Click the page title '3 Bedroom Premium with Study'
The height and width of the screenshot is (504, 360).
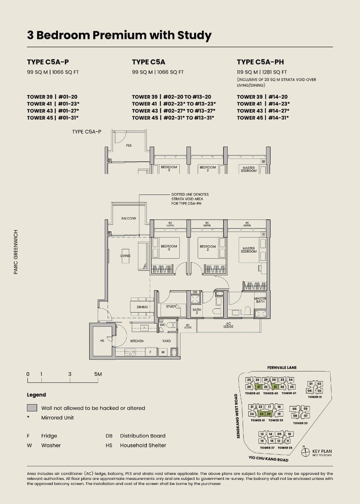[119, 35]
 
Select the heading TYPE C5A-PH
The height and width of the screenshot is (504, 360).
[260, 62]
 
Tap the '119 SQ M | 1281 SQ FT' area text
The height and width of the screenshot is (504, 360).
[262, 72]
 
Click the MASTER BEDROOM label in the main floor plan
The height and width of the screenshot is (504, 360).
[249, 250]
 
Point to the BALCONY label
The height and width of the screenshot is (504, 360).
[129, 218]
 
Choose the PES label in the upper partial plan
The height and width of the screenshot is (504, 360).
[129, 146]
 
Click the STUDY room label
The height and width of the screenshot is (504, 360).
[171, 306]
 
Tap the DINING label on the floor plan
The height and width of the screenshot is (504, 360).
[142, 307]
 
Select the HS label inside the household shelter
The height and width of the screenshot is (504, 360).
[102, 341]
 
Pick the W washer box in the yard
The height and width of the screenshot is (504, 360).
[163, 352]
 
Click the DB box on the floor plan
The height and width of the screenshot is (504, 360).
[195, 292]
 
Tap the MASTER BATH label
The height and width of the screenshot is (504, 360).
[260, 300]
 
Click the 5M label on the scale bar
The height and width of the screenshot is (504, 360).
[98, 374]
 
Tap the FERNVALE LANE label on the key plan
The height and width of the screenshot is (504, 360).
[282, 367]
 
